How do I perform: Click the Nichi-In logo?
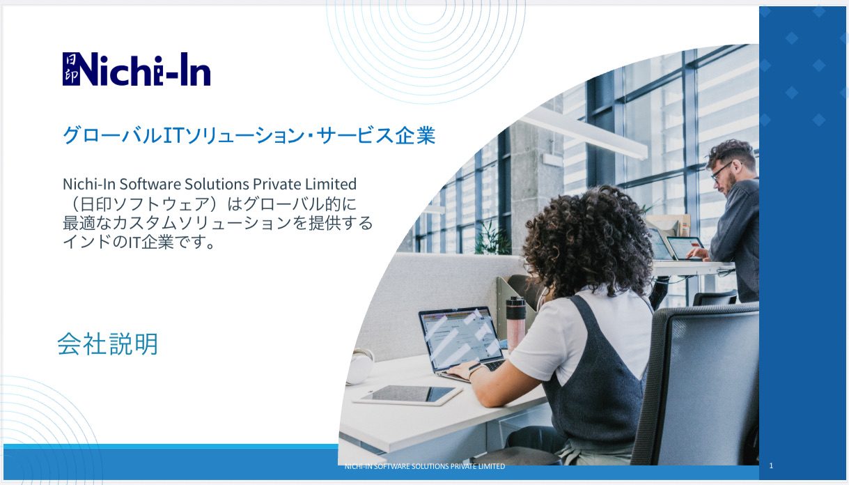click(137, 69)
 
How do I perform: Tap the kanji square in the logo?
click(71, 69)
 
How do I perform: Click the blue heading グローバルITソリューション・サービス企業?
click(249, 135)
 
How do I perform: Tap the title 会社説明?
click(108, 344)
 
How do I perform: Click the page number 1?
click(771, 465)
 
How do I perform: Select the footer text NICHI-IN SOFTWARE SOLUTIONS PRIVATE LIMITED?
click(425, 466)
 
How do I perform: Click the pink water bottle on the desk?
click(516, 325)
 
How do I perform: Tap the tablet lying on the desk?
click(408, 395)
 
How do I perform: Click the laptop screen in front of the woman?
click(462, 338)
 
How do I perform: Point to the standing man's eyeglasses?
click(722, 171)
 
